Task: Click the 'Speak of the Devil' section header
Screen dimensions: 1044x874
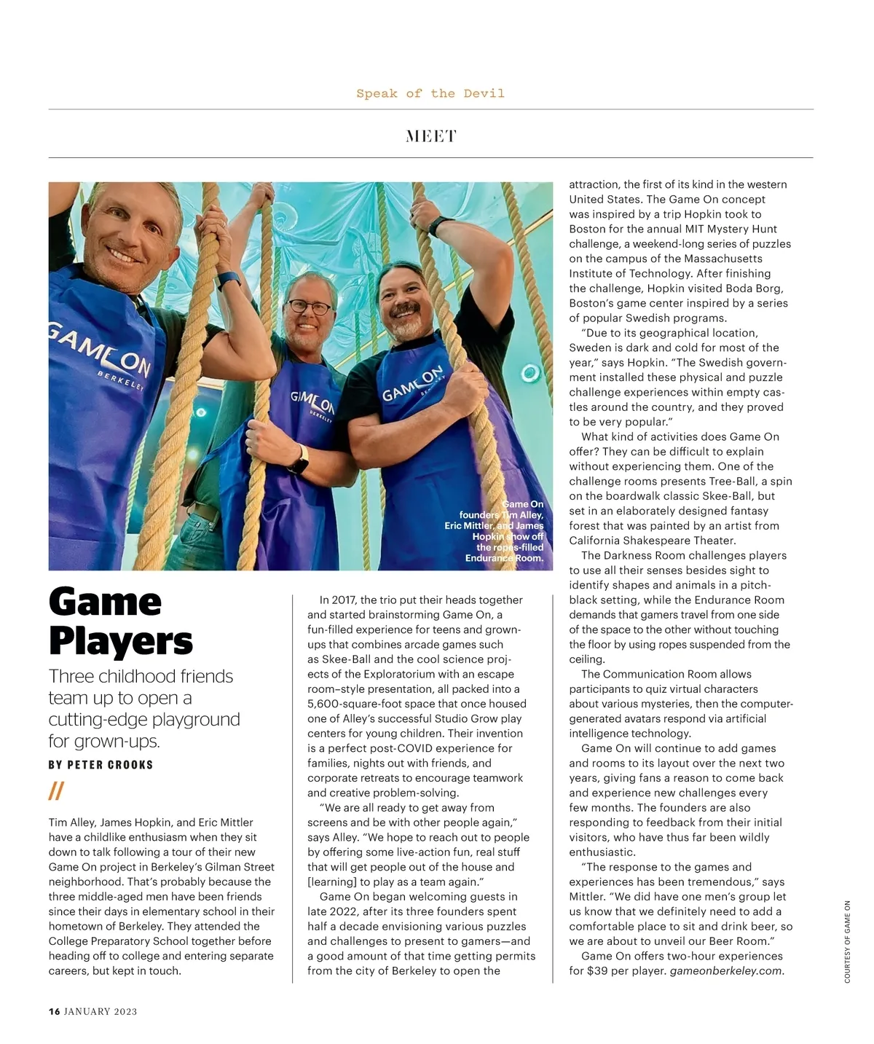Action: (x=430, y=93)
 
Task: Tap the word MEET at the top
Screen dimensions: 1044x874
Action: (x=430, y=136)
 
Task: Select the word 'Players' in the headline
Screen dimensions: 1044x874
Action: (x=121, y=641)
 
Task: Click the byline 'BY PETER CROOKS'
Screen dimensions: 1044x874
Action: (x=101, y=764)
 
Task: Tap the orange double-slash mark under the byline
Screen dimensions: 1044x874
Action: (x=56, y=790)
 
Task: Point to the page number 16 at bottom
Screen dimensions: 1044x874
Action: (x=54, y=1011)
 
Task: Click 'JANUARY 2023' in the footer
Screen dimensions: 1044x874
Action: (x=101, y=1011)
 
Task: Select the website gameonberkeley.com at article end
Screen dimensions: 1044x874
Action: (x=725, y=970)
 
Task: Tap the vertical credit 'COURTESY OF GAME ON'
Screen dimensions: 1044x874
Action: (x=847, y=941)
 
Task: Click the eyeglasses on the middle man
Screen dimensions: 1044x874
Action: (x=309, y=307)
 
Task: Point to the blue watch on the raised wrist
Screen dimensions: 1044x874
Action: (x=228, y=280)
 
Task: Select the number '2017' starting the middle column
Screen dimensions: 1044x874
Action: (x=343, y=600)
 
